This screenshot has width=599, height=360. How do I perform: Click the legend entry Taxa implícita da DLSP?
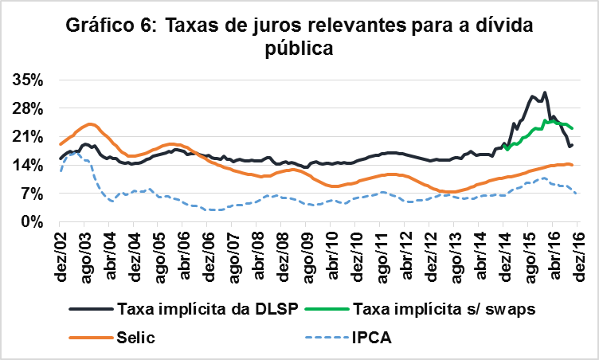(x=206, y=309)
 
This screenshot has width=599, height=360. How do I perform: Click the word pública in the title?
(x=298, y=50)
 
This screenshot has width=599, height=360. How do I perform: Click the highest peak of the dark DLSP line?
(x=545, y=92)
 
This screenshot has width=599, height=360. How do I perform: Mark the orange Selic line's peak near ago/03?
(x=91, y=123)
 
